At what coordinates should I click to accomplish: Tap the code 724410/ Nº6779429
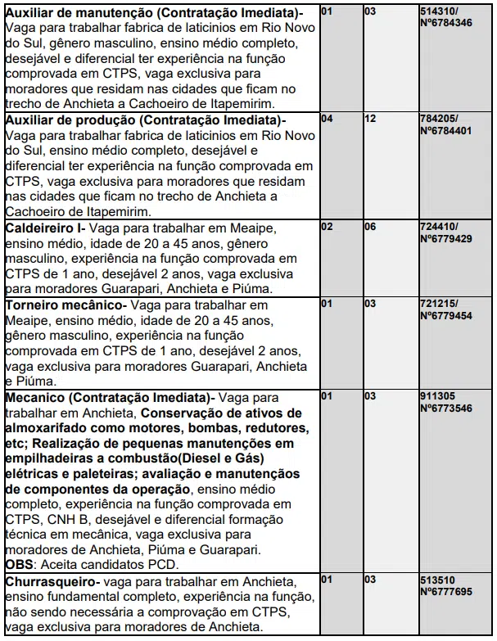[446, 231]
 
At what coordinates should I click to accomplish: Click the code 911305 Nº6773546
[446, 401]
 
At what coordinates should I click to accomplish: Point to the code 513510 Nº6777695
[446, 585]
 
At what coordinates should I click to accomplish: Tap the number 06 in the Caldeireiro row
[370, 226]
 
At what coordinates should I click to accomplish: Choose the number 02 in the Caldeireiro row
[327, 226]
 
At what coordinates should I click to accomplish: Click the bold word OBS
[19, 565]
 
